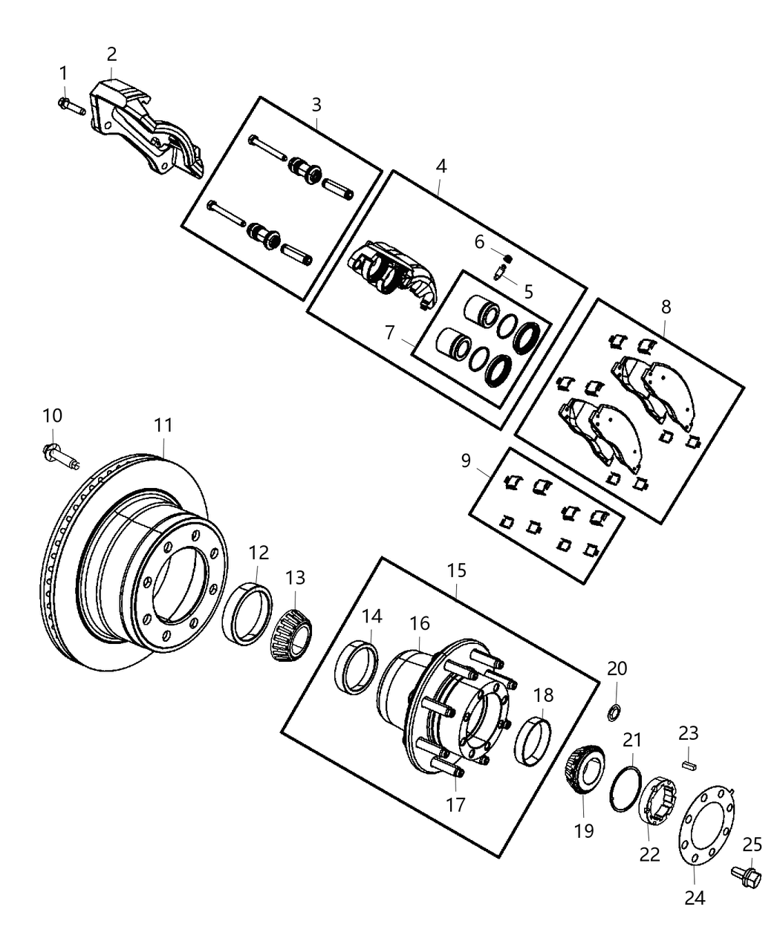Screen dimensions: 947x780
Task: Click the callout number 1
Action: (x=63, y=73)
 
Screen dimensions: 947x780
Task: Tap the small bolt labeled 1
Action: (x=71, y=105)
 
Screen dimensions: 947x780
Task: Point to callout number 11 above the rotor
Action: (x=163, y=426)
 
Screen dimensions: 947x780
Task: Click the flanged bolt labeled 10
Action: (x=60, y=455)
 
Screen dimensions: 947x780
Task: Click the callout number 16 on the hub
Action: (x=420, y=622)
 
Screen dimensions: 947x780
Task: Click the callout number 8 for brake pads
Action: (x=665, y=305)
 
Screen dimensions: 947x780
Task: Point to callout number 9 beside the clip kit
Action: (x=466, y=461)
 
